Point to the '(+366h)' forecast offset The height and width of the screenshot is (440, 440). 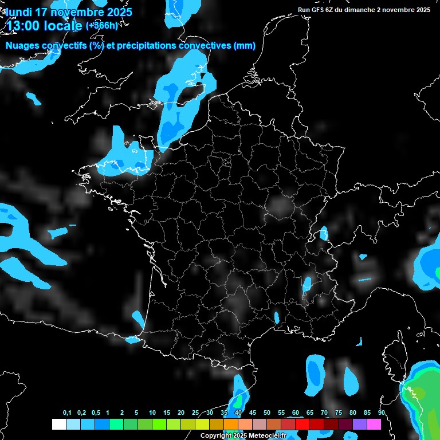(x=101, y=26)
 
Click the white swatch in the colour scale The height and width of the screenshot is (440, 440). (x=58, y=425)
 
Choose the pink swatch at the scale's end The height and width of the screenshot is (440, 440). (x=375, y=425)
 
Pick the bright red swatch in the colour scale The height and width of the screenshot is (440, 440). (x=302, y=425)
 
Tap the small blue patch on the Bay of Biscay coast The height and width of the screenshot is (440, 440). (x=138, y=317)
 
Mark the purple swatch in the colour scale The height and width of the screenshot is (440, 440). (x=360, y=425)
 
